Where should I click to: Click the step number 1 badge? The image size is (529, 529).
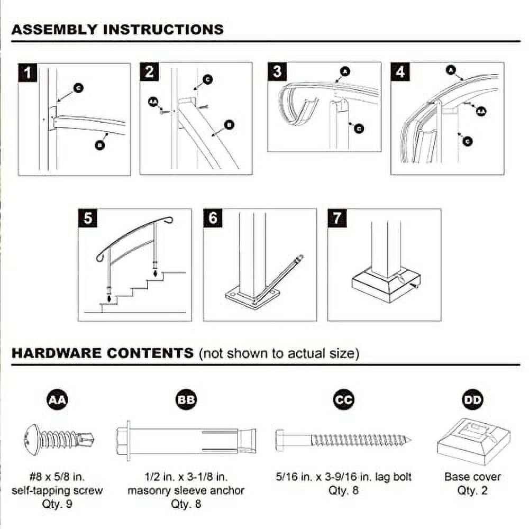tap(28, 72)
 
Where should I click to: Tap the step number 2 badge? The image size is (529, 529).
tap(149, 72)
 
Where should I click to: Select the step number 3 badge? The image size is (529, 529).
tap(277, 71)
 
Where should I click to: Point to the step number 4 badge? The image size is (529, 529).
tap(400, 71)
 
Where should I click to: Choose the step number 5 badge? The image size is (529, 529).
tap(88, 218)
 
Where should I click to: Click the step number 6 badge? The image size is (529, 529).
tap(213, 218)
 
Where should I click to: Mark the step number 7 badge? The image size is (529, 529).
tap(337, 218)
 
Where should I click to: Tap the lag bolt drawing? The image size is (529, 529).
tap(343, 439)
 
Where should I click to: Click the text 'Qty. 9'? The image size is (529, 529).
tap(57, 503)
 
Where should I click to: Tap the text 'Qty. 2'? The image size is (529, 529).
tap(472, 490)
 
